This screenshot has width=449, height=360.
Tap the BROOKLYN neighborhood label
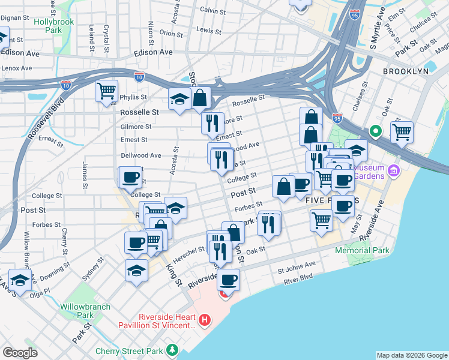point(406,71)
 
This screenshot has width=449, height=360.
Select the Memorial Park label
point(362,250)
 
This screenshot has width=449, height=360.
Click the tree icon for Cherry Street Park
point(173,349)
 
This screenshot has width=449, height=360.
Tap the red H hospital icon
point(205,319)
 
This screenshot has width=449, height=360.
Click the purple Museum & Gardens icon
point(394,172)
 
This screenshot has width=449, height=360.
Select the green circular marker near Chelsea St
point(376,130)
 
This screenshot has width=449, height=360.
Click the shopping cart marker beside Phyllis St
point(106,92)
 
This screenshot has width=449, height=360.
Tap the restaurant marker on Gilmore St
point(212,123)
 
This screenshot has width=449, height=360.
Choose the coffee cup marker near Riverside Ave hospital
point(228,279)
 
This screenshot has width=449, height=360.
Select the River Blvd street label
point(299,277)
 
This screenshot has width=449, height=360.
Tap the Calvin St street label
point(212,10)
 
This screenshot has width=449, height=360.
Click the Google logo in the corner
point(20,352)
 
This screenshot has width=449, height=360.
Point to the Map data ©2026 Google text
point(411,355)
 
